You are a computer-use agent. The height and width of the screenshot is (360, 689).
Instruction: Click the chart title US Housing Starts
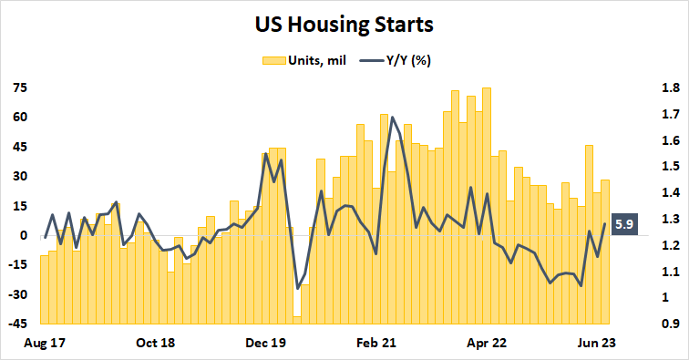pyautogui.click(x=344, y=25)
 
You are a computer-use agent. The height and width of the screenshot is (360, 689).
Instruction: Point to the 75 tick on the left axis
pyautogui.click(x=20, y=88)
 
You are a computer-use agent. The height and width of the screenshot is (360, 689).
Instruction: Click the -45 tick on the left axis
pyautogui.click(x=17, y=324)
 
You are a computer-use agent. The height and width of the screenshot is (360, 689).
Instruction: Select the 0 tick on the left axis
pyautogui.click(x=24, y=235)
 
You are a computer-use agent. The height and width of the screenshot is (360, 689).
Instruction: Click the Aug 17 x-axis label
pyautogui.click(x=46, y=345)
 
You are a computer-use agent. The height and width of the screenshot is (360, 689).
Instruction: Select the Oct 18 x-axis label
pyautogui.click(x=156, y=345)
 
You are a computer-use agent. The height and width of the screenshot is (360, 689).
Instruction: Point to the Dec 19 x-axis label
pyautogui.click(x=267, y=345)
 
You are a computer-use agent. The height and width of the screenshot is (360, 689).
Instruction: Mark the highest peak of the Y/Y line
pyautogui.click(x=392, y=117)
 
